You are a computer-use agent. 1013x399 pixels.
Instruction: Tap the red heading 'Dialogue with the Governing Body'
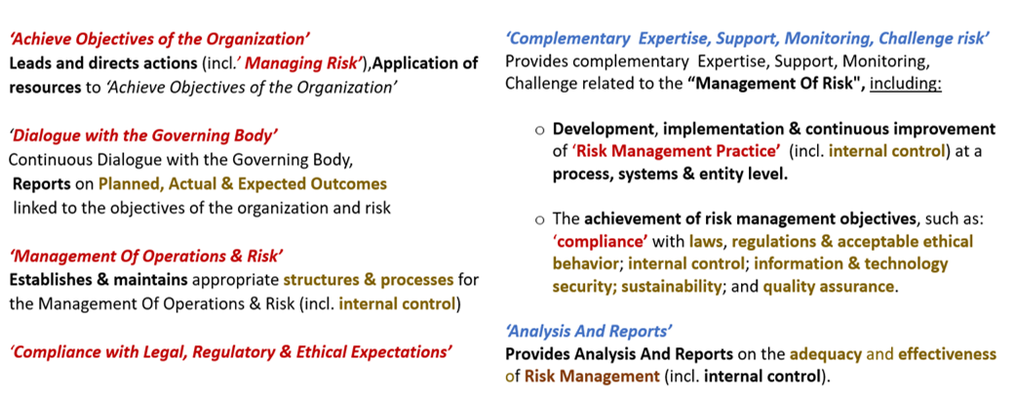click(x=145, y=137)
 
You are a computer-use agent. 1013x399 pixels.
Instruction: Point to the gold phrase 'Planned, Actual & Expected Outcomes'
click(x=242, y=183)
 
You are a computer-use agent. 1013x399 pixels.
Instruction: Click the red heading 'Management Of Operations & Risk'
click(x=146, y=257)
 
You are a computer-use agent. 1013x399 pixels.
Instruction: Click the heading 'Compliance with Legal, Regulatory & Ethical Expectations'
click(x=230, y=352)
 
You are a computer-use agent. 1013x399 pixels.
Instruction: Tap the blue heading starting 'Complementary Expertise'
click(x=748, y=39)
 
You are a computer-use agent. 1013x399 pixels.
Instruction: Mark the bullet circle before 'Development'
click(x=540, y=130)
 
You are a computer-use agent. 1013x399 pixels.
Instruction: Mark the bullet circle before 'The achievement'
click(x=540, y=219)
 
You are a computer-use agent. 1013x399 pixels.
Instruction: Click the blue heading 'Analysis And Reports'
click(x=589, y=332)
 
